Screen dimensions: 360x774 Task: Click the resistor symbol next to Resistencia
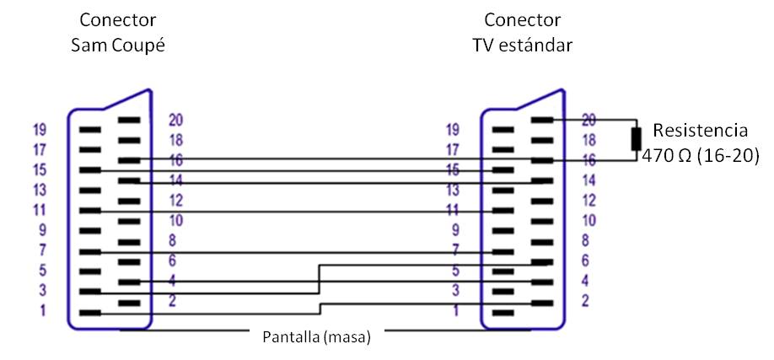tap(637, 139)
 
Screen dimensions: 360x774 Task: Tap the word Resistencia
tap(701, 131)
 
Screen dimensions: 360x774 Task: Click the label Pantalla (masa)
tap(314, 336)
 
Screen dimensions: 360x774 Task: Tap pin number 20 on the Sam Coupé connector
tap(176, 120)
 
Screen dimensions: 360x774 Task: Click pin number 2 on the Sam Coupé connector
tap(174, 302)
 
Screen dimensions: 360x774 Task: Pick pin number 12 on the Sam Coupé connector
tap(176, 201)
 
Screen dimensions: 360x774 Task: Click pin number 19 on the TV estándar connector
tap(453, 130)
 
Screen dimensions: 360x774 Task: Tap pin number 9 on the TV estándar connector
tap(454, 230)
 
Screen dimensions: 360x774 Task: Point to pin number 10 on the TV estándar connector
tap(590, 221)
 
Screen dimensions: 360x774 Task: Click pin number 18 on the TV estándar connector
tap(590, 140)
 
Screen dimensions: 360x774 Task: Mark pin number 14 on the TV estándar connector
tap(590, 180)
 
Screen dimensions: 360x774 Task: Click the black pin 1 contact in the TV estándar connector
tap(503, 313)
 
